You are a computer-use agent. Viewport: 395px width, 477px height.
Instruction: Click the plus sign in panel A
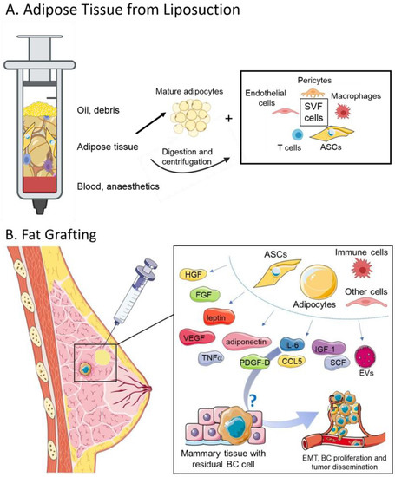coord(215,114)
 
